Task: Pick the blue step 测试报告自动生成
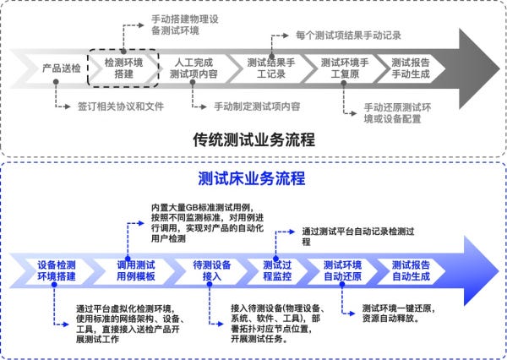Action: point(413,270)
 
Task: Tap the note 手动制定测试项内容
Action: point(257,106)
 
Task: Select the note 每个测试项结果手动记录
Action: point(348,35)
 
